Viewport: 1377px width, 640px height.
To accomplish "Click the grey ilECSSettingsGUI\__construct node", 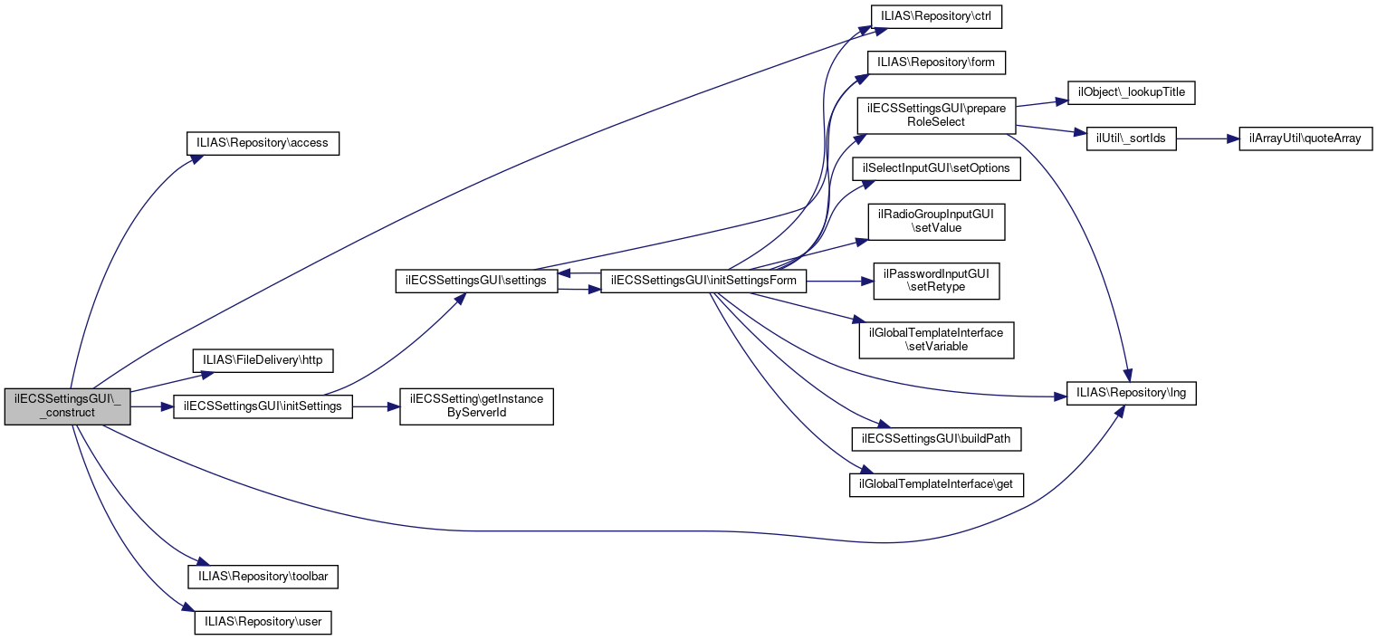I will pyautogui.click(x=67, y=407).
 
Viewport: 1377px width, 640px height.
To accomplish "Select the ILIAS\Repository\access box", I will pyautogui.click(x=262, y=143).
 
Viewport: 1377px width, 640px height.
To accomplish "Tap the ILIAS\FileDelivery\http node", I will pyautogui.click(x=263, y=360).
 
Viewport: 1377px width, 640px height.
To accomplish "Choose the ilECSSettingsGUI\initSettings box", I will pyautogui.click(x=263, y=406).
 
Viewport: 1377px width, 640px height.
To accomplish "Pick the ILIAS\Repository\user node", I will pyautogui.click(x=263, y=623).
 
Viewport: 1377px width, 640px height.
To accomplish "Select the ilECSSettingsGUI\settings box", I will pyautogui.click(x=476, y=281).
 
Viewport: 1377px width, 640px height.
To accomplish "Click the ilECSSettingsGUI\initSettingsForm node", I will pyautogui.click(x=703, y=281).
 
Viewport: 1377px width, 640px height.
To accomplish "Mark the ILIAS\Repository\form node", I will pyautogui.click(x=937, y=62).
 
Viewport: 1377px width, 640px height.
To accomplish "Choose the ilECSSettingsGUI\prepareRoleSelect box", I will pyautogui.click(x=936, y=115).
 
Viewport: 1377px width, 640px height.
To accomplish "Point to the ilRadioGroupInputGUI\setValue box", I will pyautogui.click(x=937, y=222).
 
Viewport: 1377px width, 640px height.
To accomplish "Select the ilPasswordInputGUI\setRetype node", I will pyautogui.click(x=936, y=281).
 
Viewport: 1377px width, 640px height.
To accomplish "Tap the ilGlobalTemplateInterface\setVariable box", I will pyautogui.click(x=936, y=339).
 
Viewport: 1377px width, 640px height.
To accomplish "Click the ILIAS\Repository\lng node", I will pyautogui.click(x=1132, y=394).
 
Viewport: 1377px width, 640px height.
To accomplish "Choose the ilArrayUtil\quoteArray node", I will pyautogui.click(x=1305, y=139).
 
